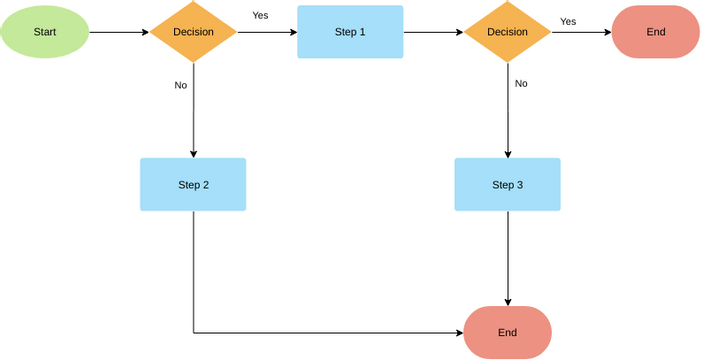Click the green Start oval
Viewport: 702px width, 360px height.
click(44, 32)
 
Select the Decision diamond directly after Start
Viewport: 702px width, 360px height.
click(193, 32)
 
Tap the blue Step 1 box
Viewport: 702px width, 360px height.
click(350, 32)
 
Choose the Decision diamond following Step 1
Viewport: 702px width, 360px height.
click(507, 32)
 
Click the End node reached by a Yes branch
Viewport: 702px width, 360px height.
click(655, 32)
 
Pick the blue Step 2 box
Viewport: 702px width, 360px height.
click(193, 184)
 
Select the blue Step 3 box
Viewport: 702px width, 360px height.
click(507, 184)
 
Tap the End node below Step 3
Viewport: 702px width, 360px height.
click(507, 332)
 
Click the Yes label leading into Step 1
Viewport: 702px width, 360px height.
click(260, 15)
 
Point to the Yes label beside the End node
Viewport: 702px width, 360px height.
click(568, 21)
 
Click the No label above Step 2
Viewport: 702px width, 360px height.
click(181, 85)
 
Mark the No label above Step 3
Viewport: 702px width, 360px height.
click(521, 83)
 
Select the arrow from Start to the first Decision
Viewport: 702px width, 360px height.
click(118, 32)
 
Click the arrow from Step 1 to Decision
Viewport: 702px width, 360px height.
click(433, 32)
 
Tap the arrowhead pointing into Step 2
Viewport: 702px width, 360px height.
click(193, 153)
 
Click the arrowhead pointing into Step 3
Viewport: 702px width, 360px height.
click(507, 153)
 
